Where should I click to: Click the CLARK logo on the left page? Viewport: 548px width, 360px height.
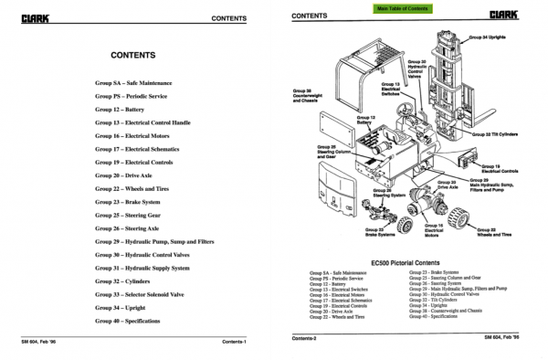33,16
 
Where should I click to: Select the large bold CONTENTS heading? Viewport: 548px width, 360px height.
132,55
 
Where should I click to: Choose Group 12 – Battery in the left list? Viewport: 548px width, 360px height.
121,109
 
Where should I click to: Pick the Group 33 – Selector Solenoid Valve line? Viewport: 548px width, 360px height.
146,295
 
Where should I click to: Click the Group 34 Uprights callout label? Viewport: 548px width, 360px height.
492,39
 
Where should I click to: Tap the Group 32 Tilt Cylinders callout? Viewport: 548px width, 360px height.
499,133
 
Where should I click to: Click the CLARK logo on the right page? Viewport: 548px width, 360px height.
503,16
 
